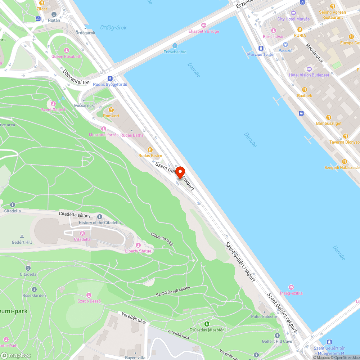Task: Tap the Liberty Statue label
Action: (138, 251)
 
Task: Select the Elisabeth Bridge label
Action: (203, 31)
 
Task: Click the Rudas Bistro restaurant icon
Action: (150, 150)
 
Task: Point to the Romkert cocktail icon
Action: (111, 110)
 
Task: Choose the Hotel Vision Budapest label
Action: (309, 75)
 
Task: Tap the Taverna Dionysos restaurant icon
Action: (346, 136)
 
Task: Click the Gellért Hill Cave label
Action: (277, 341)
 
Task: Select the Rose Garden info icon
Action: (34, 289)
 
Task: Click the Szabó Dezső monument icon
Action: (89, 295)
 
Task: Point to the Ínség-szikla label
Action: (291, 293)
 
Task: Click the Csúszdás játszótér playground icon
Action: (207, 324)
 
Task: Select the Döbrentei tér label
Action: (76, 77)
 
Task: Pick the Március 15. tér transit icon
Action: (261, 49)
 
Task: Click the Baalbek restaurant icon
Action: (304, 90)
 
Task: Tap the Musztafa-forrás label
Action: (103, 135)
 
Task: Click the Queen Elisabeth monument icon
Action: (66, 50)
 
